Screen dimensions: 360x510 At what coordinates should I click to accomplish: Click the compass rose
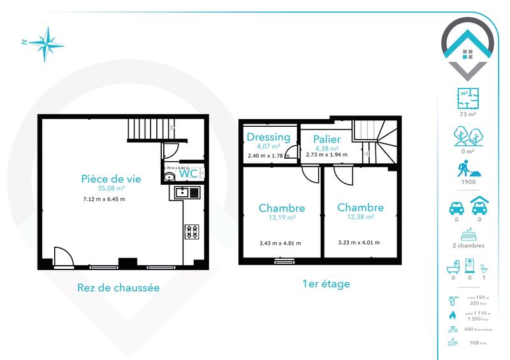(45, 43)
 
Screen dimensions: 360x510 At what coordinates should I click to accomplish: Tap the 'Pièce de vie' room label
(111, 178)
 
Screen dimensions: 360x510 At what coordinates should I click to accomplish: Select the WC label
(187, 173)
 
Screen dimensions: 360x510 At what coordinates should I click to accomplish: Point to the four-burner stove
(192, 231)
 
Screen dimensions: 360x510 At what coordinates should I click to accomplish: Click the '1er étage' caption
(326, 284)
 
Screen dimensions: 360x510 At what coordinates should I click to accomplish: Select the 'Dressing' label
(268, 137)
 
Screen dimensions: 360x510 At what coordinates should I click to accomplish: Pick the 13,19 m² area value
(281, 218)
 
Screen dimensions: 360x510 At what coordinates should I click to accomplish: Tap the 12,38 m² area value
(360, 217)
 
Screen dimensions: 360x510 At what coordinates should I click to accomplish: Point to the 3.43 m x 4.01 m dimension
(280, 243)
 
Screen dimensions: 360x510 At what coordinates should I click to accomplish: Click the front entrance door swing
(63, 257)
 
